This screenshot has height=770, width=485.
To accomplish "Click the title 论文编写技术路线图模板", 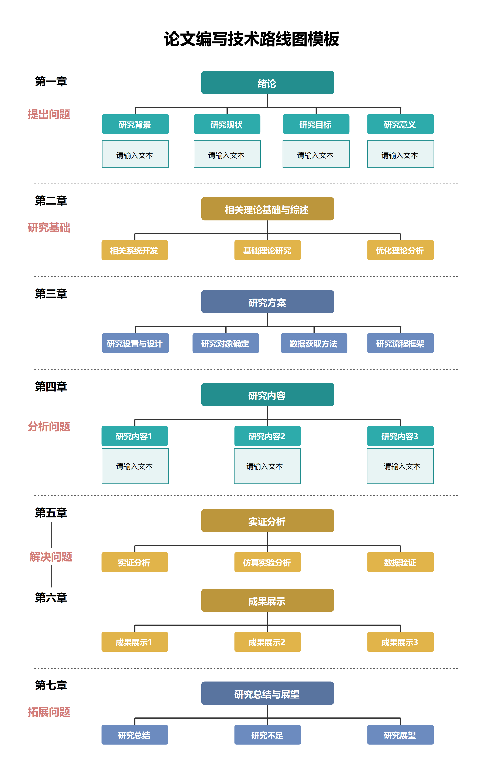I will pos(251,39).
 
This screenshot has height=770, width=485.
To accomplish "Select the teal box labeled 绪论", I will pos(267,83).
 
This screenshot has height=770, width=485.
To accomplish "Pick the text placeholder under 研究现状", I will pos(227,154).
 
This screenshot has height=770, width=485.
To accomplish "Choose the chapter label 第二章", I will pos(51,201).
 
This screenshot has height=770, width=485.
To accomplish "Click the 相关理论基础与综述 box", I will pos(267,209).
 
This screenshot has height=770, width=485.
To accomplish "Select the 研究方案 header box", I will pos(267,302).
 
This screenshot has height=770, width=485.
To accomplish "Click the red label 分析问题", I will pos(49,426).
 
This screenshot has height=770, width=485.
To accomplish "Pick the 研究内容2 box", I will pos(267,436).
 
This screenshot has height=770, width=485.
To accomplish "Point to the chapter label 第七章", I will pos(51,685).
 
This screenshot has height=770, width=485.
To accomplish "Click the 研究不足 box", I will pos(267,735).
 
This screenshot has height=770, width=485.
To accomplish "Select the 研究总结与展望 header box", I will pos(267,693).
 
